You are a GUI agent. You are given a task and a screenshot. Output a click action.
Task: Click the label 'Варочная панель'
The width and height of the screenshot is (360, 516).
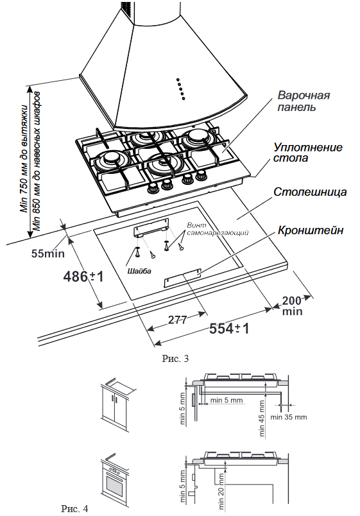(x=304, y=101)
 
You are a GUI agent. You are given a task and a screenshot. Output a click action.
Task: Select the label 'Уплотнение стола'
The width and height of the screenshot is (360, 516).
(x=307, y=152)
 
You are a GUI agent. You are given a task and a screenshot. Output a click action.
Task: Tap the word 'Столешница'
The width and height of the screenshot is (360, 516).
(x=310, y=192)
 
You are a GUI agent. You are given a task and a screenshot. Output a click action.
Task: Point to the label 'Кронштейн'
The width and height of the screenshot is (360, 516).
(x=311, y=230)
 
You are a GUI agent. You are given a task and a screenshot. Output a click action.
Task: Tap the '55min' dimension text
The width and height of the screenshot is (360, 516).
(x=47, y=252)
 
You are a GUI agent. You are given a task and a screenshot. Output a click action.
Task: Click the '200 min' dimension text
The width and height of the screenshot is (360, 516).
(x=292, y=305)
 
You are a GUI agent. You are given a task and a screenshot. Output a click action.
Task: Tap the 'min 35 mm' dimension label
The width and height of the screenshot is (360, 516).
(x=289, y=417)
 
